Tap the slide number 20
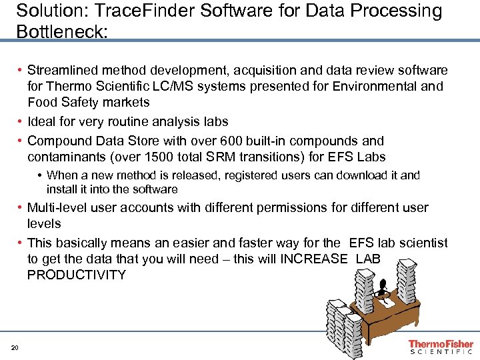[x=15, y=348]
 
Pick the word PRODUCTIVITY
[x=76, y=275]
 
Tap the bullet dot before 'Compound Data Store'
[x=21, y=141]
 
